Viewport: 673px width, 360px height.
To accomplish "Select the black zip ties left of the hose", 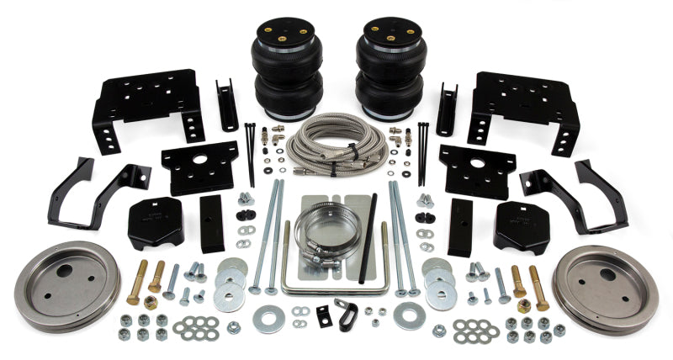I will tap(250, 151).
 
